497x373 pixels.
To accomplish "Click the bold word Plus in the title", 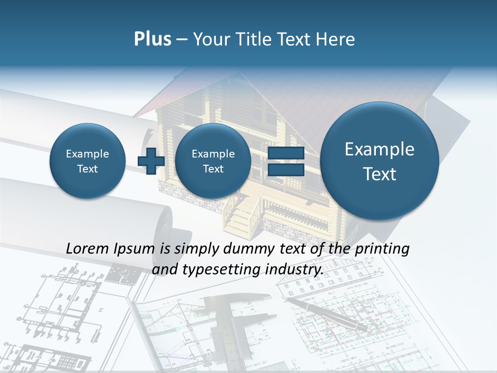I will (152, 39).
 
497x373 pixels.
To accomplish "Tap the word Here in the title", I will (336, 39).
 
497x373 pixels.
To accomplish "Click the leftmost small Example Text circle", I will (87, 161).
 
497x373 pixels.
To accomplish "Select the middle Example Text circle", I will (213, 161).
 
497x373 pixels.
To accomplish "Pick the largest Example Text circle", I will (379, 161).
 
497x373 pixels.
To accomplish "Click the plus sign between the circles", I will (151, 161).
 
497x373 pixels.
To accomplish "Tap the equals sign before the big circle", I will (286, 161).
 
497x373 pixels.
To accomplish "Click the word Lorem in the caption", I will (87, 249).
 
